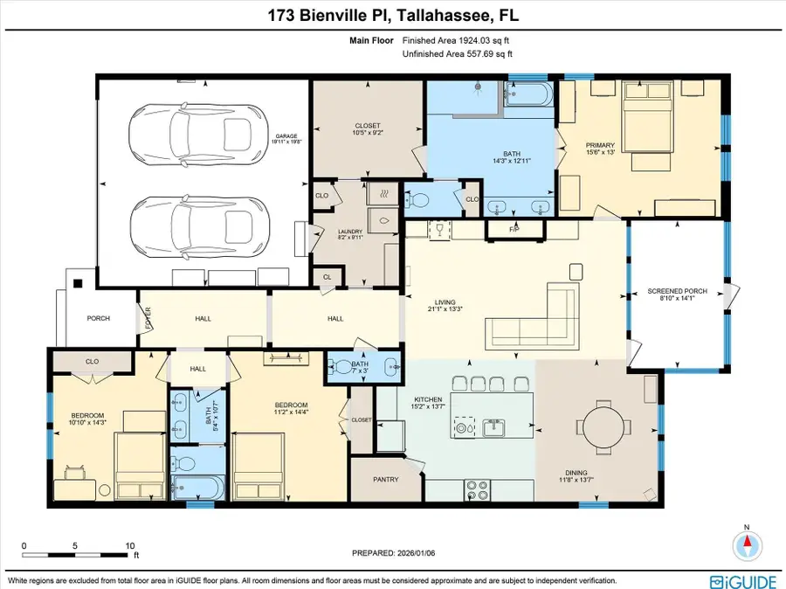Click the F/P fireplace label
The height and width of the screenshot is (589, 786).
514,229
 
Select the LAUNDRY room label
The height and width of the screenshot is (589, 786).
350,233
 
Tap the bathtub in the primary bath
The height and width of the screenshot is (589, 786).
530,94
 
